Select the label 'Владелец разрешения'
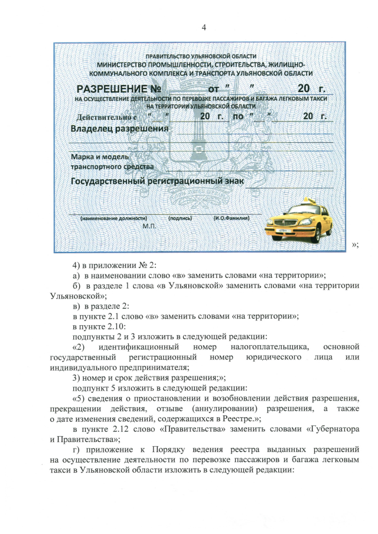coord(119,128)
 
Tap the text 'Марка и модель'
coord(96,158)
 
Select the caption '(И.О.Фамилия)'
coord(232,218)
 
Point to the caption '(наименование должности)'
coord(113,218)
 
